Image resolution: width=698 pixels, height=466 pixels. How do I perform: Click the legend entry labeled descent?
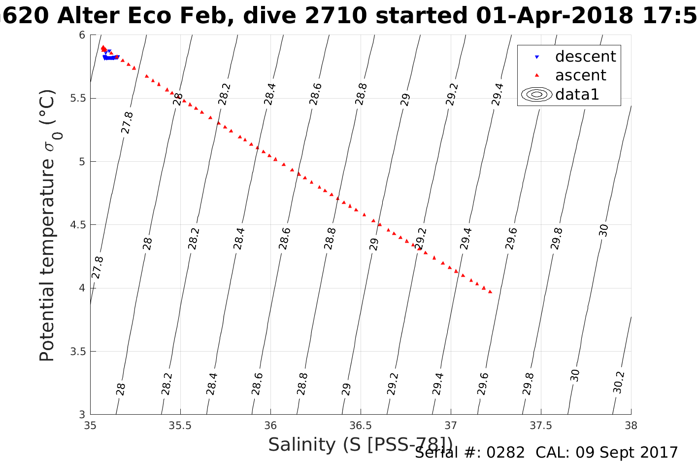coord(585,57)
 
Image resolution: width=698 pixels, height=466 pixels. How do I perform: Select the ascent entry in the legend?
coord(580,75)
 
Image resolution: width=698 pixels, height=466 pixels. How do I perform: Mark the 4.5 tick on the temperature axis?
coord(78,225)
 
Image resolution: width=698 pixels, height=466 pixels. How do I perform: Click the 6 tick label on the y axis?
coord(82,35)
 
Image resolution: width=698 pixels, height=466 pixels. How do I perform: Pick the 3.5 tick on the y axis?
coord(78,352)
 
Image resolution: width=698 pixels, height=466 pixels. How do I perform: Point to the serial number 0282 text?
coord(505,453)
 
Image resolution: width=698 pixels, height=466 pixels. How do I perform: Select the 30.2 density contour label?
coord(619,382)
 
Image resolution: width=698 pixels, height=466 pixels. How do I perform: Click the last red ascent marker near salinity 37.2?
coord(490,292)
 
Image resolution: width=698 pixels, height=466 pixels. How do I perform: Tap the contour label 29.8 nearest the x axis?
coord(529,384)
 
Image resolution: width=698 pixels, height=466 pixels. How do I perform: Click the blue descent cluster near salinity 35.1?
coord(110,57)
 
